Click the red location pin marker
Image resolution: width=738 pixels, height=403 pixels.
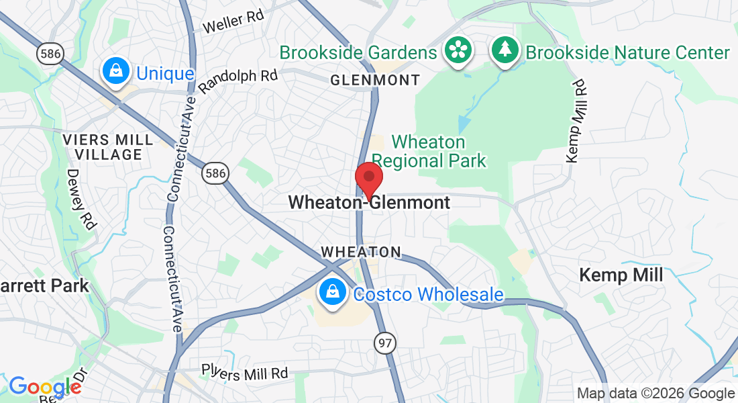pyautogui.click(x=368, y=178)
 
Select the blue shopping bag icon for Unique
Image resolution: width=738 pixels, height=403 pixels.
pyautogui.click(x=116, y=72)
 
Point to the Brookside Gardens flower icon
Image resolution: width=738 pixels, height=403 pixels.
pyautogui.click(x=458, y=51)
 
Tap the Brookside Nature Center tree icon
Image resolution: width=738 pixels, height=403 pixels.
pyautogui.click(x=504, y=51)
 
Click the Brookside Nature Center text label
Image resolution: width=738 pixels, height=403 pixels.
pyautogui.click(x=627, y=52)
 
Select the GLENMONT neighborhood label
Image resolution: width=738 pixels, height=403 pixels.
pyautogui.click(x=375, y=80)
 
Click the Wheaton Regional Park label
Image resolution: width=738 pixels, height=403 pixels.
pyautogui.click(x=429, y=151)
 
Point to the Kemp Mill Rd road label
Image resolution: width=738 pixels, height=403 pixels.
pyautogui.click(x=577, y=121)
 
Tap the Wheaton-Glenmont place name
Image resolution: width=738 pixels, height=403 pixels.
pyautogui.click(x=369, y=202)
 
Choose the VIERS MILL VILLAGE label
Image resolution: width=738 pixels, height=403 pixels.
pyautogui.click(x=102, y=147)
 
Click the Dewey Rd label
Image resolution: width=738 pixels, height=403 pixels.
pyautogui.click(x=81, y=199)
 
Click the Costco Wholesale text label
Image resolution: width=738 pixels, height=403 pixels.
pyautogui.click(x=428, y=294)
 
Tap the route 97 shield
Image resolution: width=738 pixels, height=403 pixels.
pyautogui.click(x=385, y=343)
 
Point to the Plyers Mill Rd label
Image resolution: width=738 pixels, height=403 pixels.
pyautogui.click(x=245, y=372)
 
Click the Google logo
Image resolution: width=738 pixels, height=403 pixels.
pyautogui.click(x=44, y=387)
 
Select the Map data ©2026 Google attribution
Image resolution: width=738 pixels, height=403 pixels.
pyautogui.click(x=655, y=394)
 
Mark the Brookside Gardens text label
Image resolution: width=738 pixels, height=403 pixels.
pyautogui.click(x=358, y=52)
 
